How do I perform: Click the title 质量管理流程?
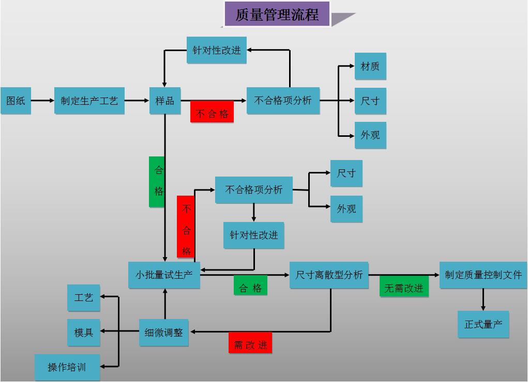pyautogui.click(x=277, y=14)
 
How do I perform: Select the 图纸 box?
pyautogui.click(x=16, y=101)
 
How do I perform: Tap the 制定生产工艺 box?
pyautogui.click(x=89, y=101)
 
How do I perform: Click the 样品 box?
pyautogui.click(x=165, y=101)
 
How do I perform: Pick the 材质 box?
pyautogui.click(x=370, y=66)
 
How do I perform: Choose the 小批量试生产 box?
pyautogui.click(x=164, y=275)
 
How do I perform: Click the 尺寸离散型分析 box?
pyautogui.click(x=329, y=275)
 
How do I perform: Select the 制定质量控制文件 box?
pyautogui.click(x=483, y=275)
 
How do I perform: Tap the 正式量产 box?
pyautogui.click(x=483, y=324)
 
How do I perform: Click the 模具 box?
pyautogui.click(x=83, y=332)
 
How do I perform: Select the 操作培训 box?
pyautogui.click(x=67, y=367)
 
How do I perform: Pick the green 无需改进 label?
pyautogui.click(x=404, y=288)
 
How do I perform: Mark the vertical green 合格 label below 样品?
pyautogui.click(x=158, y=181)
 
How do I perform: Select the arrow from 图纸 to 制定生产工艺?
pyautogui.click(x=42, y=101)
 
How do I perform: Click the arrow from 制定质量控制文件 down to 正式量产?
pyautogui.click(x=483, y=299)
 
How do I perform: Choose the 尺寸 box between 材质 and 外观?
pyautogui.click(x=370, y=101)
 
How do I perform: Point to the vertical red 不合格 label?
pyautogui.click(x=186, y=227)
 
